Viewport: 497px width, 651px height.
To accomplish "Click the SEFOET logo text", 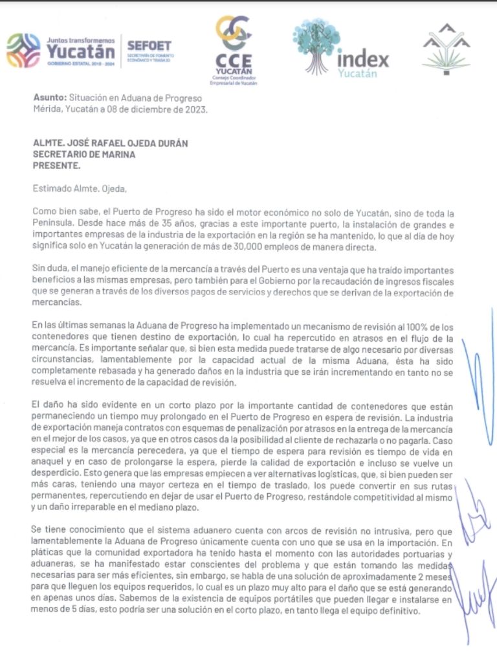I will (149, 46).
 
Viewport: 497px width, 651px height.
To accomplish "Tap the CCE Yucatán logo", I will (234, 49).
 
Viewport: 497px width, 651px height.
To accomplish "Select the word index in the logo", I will (363, 60).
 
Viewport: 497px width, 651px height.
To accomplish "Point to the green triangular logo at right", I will (446, 50).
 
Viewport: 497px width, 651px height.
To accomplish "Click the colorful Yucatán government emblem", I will (23, 51).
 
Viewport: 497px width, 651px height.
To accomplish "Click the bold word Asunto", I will (50, 98).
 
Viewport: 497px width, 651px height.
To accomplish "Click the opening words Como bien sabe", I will (67, 214).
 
